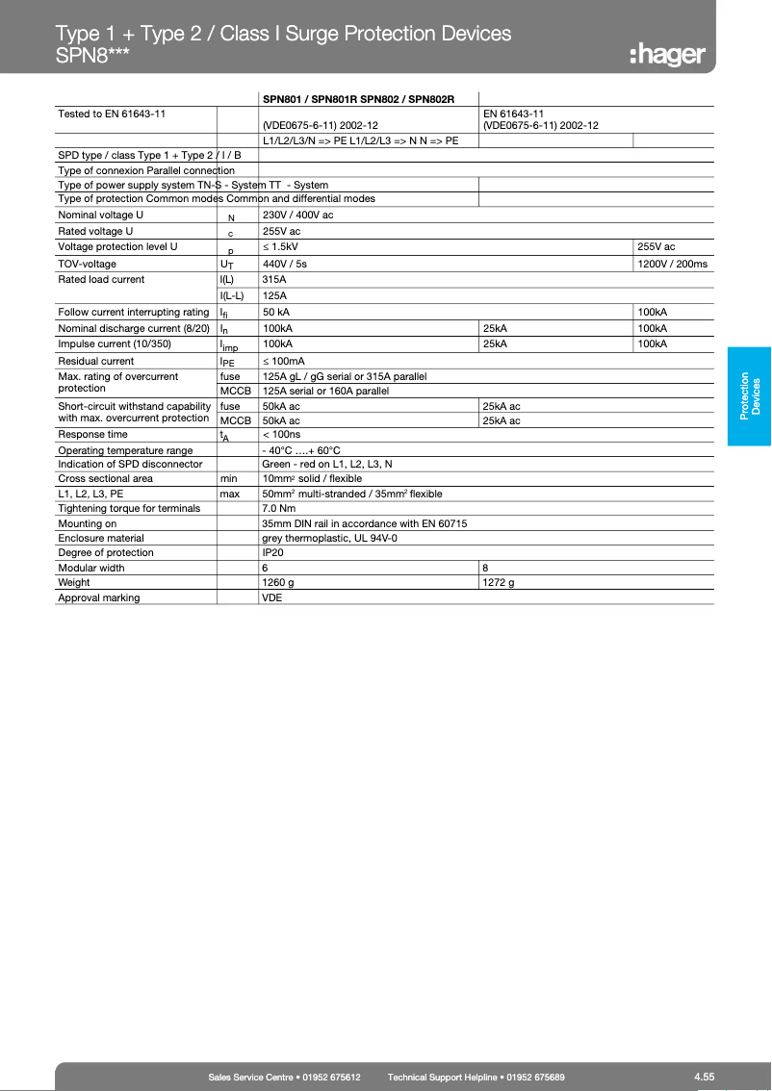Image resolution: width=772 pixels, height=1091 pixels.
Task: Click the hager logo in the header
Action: (x=667, y=54)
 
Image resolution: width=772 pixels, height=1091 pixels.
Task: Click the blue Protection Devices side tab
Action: (x=749, y=394)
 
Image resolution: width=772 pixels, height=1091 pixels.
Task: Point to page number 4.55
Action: (x=704, y=1077)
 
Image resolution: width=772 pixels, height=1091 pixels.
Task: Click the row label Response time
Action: (x=92, y=435)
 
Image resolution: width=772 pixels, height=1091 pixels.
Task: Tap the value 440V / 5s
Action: (x=285, y=264)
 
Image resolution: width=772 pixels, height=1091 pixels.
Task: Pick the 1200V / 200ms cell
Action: (x=672, y=264)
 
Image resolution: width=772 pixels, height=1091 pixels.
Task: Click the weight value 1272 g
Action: (x=499, y=582)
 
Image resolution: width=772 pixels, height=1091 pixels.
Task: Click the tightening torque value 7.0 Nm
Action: (x=278, y=508)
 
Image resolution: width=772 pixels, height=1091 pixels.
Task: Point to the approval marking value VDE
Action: (x=272, y=597)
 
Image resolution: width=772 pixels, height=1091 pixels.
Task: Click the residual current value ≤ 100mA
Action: (x=284, y=361)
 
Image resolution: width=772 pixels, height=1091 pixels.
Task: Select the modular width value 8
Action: (x=486, y=568)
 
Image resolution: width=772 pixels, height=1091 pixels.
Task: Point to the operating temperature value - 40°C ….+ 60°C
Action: (x=301, y=450)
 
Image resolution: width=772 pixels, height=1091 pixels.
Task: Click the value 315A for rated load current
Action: (x=274, y=280)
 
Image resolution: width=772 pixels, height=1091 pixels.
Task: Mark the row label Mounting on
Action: (x=88, y=523)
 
